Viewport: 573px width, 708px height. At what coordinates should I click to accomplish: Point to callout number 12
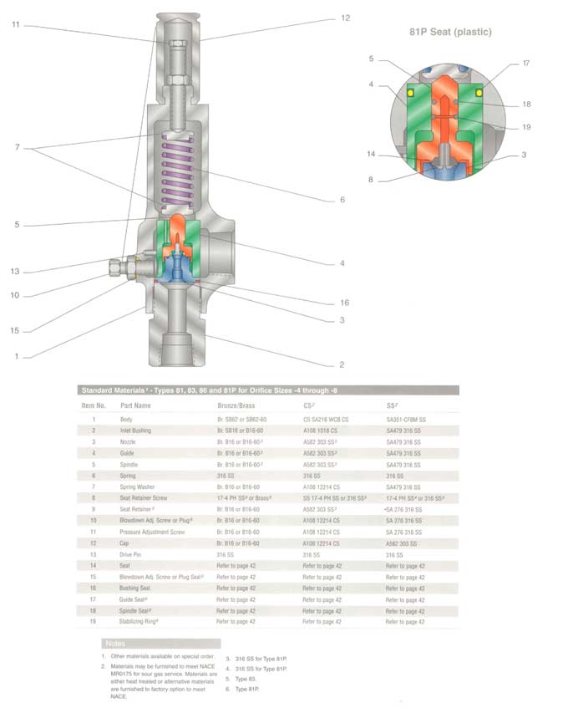click(345, 18)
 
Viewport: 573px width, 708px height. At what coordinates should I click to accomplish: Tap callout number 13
click(15, 272)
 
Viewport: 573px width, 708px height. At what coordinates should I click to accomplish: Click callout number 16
click(344, 303)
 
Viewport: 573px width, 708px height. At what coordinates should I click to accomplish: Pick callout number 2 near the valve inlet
click(341, 365)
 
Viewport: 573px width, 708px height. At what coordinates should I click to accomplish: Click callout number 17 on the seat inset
click(525, 64)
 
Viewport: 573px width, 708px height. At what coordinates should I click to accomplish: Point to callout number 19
click(526, 127)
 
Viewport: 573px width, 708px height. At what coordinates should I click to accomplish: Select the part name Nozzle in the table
click(131, 441)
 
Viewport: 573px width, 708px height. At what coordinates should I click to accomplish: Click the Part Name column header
click(135, 405)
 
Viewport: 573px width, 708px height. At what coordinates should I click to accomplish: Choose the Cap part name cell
click(127, 543)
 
